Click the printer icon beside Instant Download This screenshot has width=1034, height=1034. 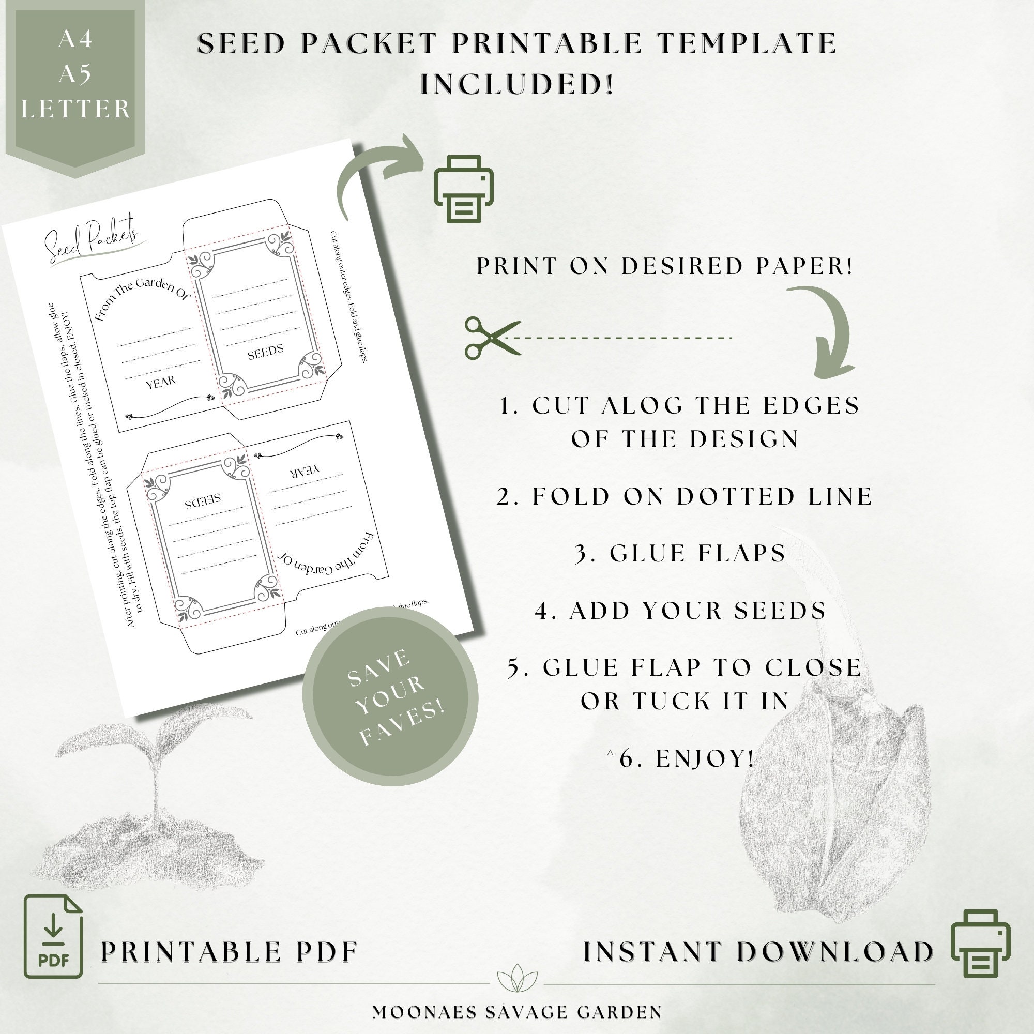[x=980, y=943]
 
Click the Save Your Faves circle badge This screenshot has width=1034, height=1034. [x=390, y=696]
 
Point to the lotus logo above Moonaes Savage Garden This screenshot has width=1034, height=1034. [x=517, y=977]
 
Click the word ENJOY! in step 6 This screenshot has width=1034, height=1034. [x=705, y=758]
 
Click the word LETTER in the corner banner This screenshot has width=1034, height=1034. [x=76, y=109]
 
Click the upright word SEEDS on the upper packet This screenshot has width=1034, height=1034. [x=265, y=352]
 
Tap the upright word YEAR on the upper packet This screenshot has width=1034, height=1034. [x=161, y=382]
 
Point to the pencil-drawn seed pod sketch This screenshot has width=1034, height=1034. [x=835, y=803]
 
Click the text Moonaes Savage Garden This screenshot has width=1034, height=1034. [x=517, y=1012]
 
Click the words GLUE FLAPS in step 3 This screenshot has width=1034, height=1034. [x=697, y=553]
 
